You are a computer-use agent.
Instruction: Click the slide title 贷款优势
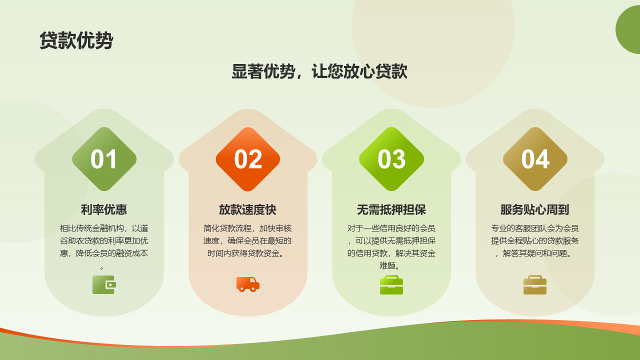pos(76,40)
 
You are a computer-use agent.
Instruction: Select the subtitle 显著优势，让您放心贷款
pos(319,71)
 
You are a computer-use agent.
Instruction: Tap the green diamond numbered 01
pos(104,159)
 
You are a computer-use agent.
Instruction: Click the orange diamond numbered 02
pos(247,159)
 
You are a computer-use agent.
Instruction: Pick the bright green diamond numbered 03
pos(391,159)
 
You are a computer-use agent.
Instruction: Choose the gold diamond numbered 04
pos(535,159)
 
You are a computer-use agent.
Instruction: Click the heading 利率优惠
pos(104,209)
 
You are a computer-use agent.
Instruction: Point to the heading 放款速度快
pos(247,209)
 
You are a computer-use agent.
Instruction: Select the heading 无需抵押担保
pos(391,209)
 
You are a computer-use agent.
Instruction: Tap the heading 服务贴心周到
pos(535,209)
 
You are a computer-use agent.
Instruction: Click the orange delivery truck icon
pos(248,284)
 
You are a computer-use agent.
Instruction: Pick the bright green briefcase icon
pos(391,285)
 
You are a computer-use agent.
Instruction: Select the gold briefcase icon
pos(535,285)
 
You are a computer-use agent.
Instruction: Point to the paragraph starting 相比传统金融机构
pos(104,247)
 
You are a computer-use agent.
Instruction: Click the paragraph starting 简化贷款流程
pos(247,241)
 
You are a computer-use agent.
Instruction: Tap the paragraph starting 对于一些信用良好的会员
pos(391,247)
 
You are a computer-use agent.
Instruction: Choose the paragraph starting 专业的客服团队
pos(535,241)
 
